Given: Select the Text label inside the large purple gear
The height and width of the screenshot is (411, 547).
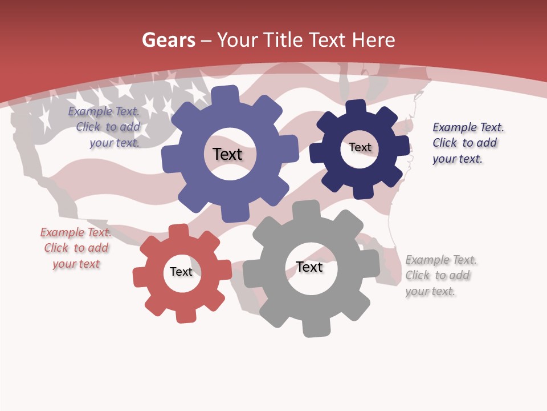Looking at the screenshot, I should point(227,154).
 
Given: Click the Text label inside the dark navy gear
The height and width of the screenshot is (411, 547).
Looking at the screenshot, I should point(360,147).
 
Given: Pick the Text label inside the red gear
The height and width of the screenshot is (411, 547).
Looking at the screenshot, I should point(181,272).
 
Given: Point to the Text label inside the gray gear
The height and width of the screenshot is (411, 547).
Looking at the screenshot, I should point(309,267).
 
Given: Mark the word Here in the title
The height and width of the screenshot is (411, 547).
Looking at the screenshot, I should point(373,40).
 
